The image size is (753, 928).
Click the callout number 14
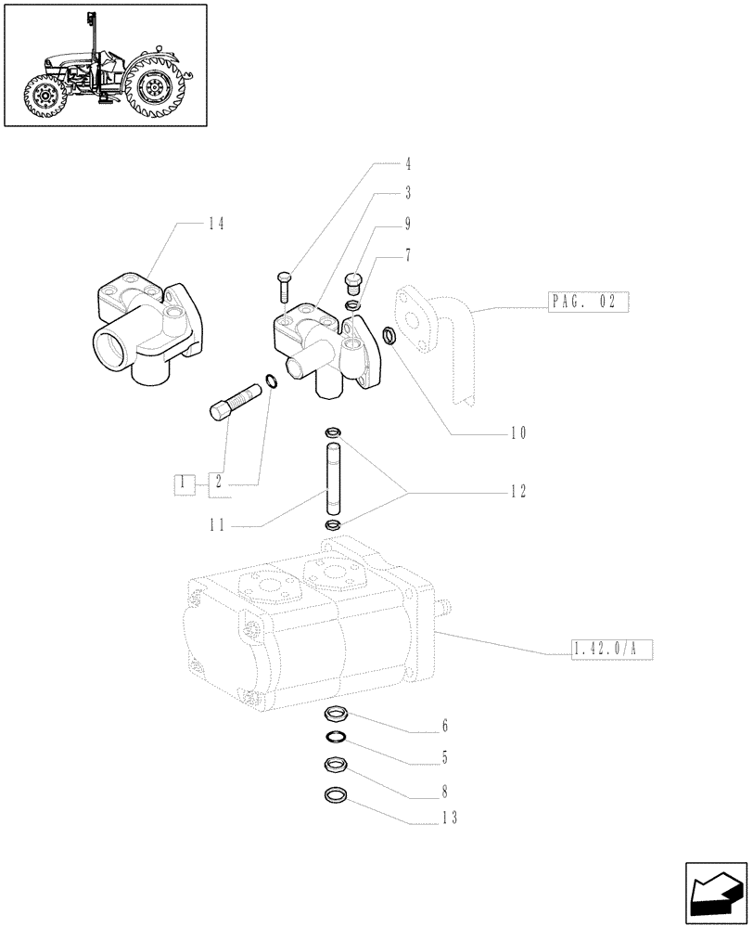[x=215, y=224]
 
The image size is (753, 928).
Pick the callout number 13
[x=448, y=818]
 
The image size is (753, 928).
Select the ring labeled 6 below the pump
[x=335, y=715]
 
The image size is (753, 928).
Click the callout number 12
[x=517, y=492]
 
